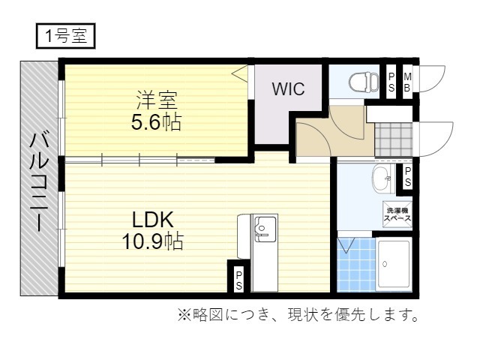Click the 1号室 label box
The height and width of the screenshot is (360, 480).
(x=65, y=34)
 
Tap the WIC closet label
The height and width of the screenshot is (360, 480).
(x=288, y=89)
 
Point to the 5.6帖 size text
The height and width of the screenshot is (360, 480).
(x=156, y=122)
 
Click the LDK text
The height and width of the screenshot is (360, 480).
(x=153, y=220)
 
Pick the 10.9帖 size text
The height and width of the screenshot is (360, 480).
(x=154, y=241)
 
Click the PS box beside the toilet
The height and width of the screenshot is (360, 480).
(x=391, y=80)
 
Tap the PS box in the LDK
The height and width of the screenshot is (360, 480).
(x=238, y=280)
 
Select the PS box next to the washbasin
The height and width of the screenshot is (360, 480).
(x=408, y=177)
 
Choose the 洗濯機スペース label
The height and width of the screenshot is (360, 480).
(x=397, y=213)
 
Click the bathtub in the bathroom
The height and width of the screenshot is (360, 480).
(x=393, y=265)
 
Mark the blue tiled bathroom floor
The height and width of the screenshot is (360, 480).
(x=354, y=266)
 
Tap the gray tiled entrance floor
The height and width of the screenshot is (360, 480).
(x=392, y=139)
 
